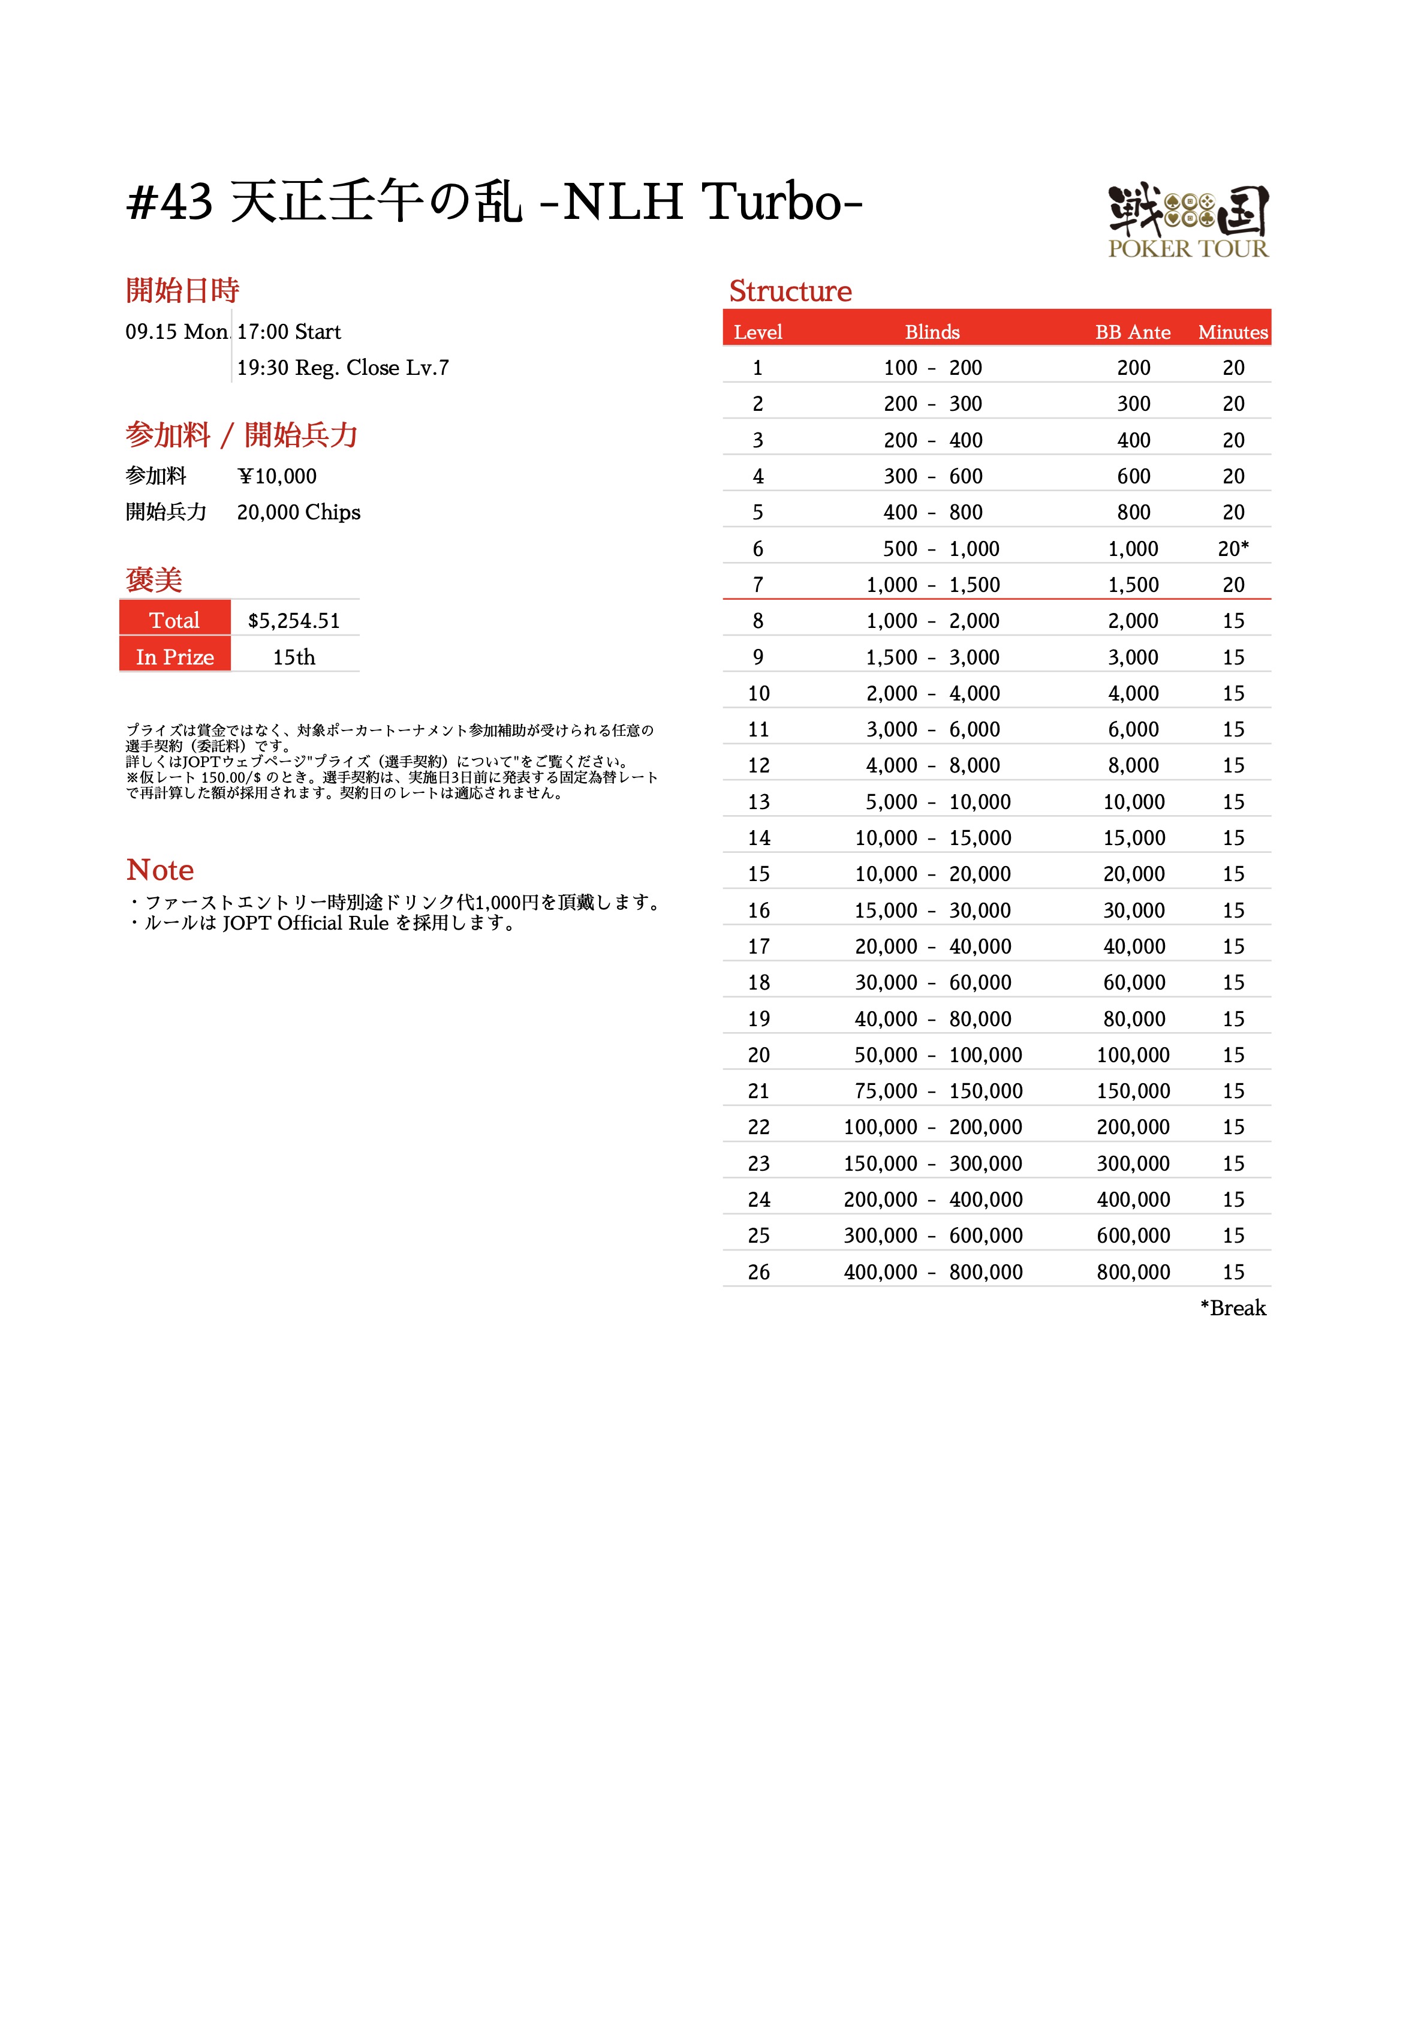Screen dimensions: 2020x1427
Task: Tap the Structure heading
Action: (x=790, y=291)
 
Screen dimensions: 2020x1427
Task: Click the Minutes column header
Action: (x=1233, y=332)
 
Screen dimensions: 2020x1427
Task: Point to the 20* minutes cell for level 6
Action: (x=1233, y=548)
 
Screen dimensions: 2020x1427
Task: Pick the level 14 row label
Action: (x=758, y=837)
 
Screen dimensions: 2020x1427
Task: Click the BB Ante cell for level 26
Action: (x=1133, y=1271)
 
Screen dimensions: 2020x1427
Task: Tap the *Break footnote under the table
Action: (x=1233, y=1308)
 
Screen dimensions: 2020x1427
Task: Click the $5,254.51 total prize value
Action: (x=294, y=620)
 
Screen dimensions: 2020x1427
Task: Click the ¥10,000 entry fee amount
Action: (x=277, y=476)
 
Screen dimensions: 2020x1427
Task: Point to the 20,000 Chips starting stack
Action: (x=298, y=512)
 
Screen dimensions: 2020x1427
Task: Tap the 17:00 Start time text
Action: (x=288, y=332)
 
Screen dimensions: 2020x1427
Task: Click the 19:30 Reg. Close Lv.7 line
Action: (x=342, y=368)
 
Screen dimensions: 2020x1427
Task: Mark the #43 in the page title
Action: (x=170, y=202)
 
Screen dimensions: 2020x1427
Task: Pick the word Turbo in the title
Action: (x=772, y=202)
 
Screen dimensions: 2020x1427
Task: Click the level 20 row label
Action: (x=758, y=1055)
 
